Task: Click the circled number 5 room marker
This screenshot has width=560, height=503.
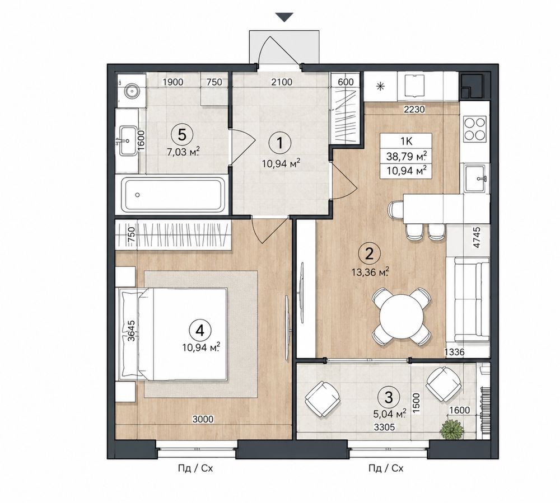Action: [x=182, y=135]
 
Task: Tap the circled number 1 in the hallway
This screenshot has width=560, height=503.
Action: [x=279, y=143]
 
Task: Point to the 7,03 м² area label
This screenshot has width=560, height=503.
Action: [x=183, y=153]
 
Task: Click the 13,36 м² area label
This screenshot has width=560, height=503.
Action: [x=370, y=272]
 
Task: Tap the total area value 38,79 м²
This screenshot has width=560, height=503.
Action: [x=407, y=156]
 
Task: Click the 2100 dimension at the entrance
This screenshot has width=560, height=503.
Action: [x=282, y=82]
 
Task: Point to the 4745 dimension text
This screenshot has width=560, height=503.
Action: [x=476, y=238]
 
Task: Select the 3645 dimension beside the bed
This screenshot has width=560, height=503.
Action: [x=131, y=331]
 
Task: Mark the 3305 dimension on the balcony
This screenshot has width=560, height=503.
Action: [x=384, y=427]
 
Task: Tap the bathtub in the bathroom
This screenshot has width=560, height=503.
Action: [x=173, y=195]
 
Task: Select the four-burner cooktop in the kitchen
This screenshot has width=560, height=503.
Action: [x=475, y=129]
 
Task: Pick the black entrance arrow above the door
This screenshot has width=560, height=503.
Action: [x=284, y=17]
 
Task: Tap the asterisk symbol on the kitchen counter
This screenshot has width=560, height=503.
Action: [x=381, y=86]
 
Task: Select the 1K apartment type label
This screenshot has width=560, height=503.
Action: [x=407, y=141]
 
